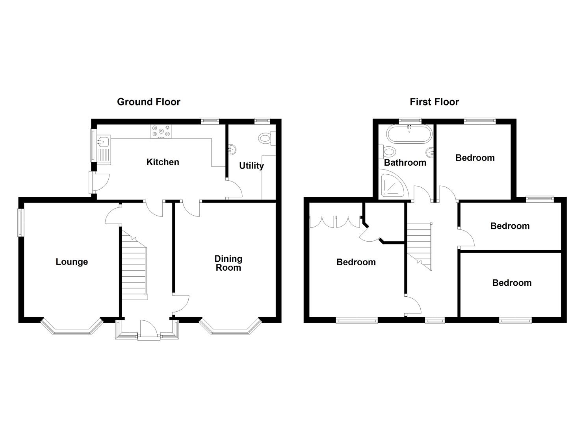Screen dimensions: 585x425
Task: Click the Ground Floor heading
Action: point(149,102)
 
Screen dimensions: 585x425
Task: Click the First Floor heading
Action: point(434,102)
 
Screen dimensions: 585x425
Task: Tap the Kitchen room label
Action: point(163,162)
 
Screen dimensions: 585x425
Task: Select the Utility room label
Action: point(251,166)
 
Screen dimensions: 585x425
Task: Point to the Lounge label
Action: point(72,262)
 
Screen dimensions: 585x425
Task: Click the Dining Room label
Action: point(228,263)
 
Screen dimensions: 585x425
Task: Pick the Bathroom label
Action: point(405,163)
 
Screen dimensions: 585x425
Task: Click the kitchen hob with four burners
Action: point(161,131)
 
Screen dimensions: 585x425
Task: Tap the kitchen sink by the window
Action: point(104,150)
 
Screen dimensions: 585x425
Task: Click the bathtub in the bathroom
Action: point(410,134)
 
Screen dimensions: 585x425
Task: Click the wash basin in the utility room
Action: point(232,150)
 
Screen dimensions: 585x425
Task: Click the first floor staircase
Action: point(420,246)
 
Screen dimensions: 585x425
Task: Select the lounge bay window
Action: point(72,326)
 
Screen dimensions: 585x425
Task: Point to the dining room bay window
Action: point(230,326)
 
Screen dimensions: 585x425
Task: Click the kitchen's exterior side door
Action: point(99,182)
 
